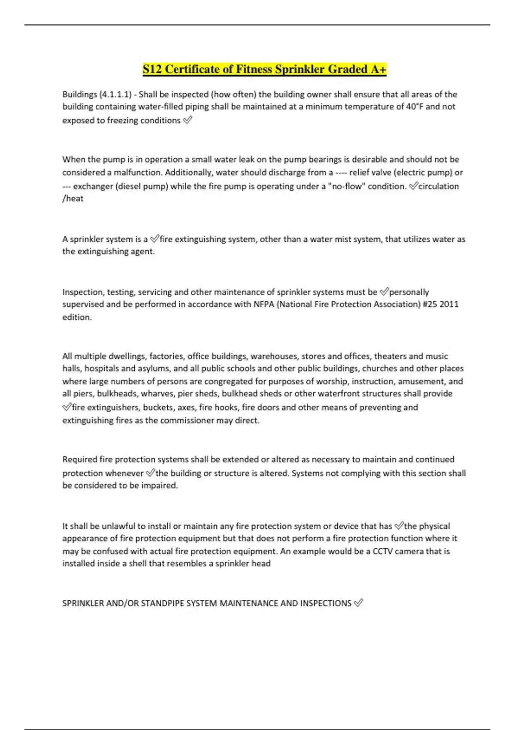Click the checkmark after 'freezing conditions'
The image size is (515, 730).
[x=188, y=121]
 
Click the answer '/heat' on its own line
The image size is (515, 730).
[x=73, y=198]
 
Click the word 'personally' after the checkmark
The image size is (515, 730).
[x=409, y=292]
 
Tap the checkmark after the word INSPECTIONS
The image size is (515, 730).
[x=358, y=603]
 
